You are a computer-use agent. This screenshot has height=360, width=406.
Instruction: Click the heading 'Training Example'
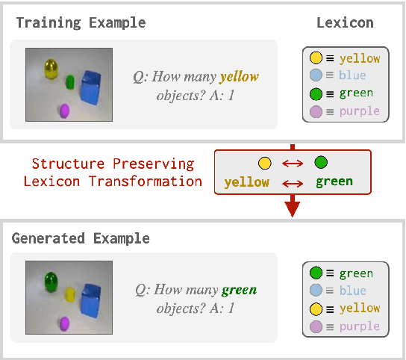81,22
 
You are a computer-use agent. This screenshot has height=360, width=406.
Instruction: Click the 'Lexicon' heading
344,22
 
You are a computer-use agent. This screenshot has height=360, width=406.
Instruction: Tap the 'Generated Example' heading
81,238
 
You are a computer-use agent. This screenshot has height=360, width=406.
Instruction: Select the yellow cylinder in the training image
51,70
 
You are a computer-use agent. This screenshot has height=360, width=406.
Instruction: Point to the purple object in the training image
64,111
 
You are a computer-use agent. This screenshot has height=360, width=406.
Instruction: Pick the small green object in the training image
70,81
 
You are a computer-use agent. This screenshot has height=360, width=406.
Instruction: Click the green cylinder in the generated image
51,282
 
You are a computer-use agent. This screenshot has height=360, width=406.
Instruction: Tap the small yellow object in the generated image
70,294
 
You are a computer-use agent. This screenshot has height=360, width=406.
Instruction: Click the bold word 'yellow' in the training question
239,75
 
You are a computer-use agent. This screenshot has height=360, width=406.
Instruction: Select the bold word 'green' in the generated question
239,290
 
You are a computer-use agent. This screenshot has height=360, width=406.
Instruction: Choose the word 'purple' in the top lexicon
360,112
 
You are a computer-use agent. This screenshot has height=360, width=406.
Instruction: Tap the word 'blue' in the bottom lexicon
353,291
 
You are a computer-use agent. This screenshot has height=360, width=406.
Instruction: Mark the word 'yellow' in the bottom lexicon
360,308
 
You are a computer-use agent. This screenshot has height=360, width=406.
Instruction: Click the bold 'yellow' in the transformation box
246,182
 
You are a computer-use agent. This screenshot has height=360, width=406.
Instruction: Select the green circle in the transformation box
321,163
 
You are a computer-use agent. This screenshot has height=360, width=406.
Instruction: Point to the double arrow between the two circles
293,163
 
